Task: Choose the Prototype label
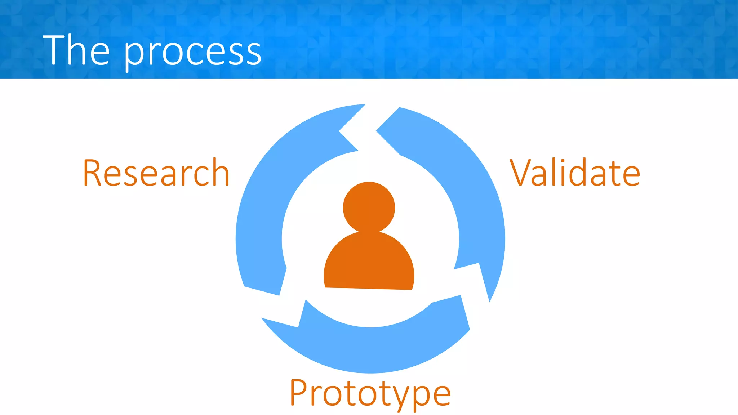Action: click(370, 393)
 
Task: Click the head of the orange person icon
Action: click(369, 207)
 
